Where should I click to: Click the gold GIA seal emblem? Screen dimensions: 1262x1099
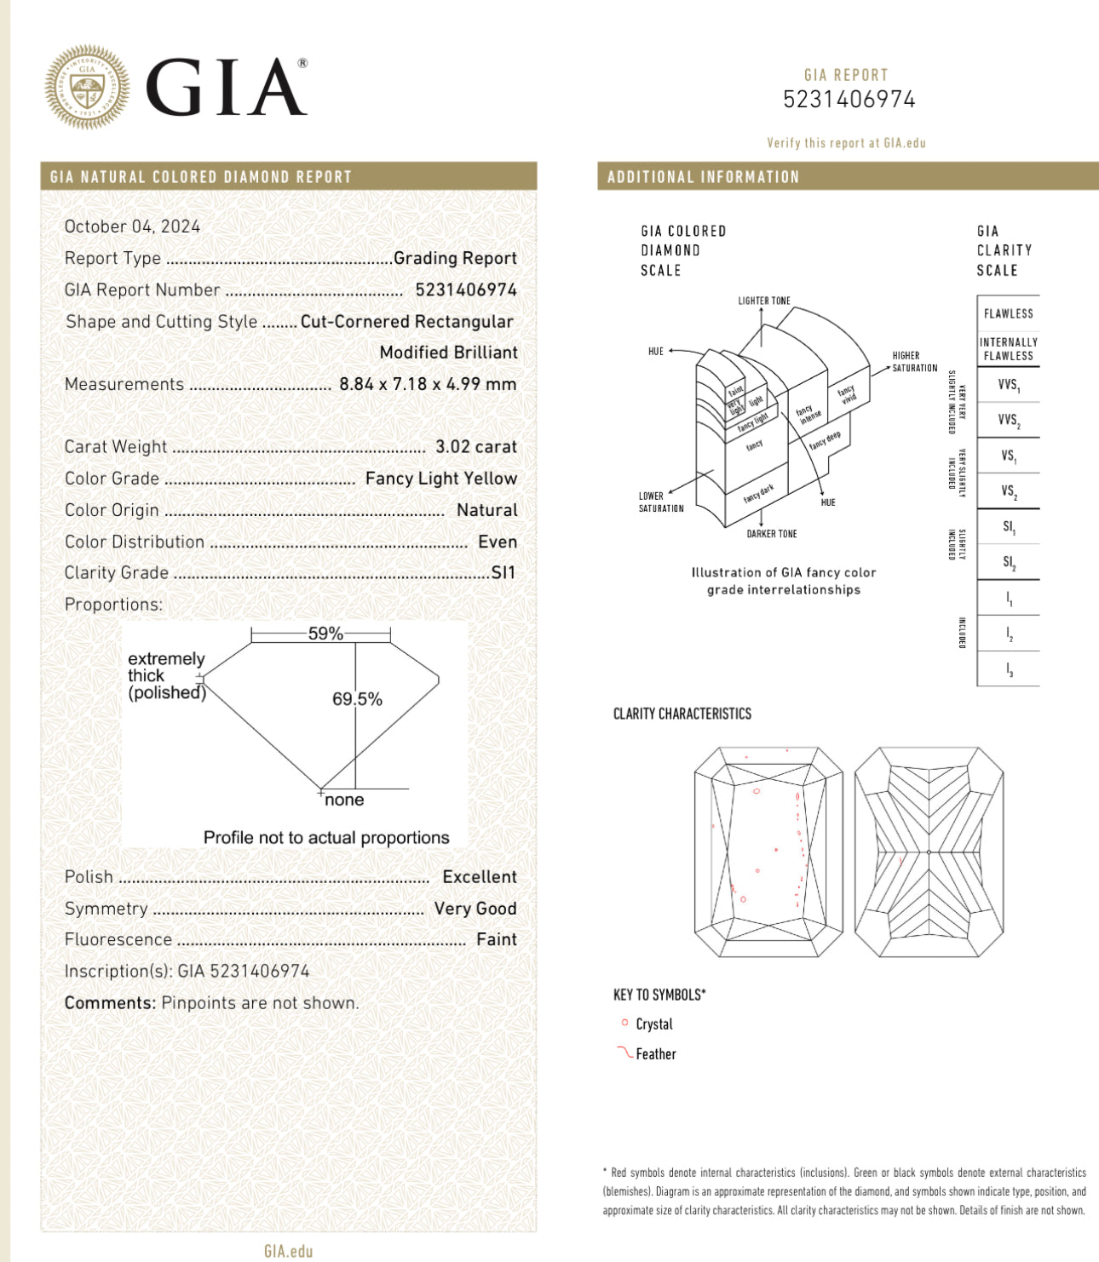pos(88,87)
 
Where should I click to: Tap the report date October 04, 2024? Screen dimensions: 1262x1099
pos(132,227)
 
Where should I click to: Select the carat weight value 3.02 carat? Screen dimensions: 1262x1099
pos(475,447)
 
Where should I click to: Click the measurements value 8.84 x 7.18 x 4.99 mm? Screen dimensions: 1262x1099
pos(428,384)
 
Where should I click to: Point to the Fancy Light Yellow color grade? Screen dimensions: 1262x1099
pos(440,479)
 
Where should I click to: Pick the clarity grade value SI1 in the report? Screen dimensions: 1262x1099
pos(503,573)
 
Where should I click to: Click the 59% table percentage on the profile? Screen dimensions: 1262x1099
pos(325,634)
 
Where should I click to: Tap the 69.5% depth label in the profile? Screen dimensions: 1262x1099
pos(357,699)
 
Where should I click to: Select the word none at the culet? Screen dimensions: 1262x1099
pos(344,800)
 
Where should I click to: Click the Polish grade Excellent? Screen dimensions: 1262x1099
pos(479,877)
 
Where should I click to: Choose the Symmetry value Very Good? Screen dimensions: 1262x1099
pos(475,909)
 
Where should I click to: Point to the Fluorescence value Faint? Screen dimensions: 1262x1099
pos(496,939)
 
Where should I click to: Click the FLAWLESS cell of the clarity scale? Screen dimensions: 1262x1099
pos(1008,313)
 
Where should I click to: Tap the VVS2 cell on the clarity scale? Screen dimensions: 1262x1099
pos(1008,420)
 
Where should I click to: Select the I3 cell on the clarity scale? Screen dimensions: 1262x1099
pos(1009,670)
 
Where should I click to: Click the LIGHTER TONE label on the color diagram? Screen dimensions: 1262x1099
pos(763,301)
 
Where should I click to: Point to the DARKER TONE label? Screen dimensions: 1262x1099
pos(771,534)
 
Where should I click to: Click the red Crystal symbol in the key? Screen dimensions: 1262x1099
pos(624,1023)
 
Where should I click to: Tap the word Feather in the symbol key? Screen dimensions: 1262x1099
pos(655,1054)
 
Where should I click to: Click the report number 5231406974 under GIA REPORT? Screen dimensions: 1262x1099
pos(849,100)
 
